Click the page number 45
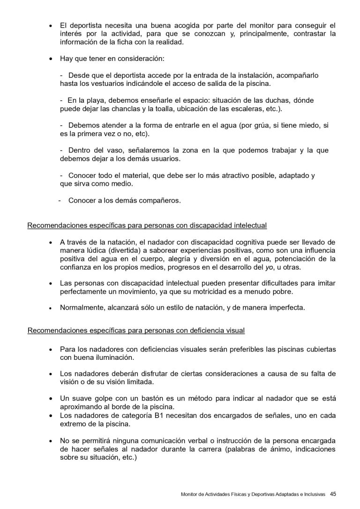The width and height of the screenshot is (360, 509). coord(333,494)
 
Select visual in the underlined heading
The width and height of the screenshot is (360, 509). coord(234,330)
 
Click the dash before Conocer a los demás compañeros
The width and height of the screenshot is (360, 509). coord(60,201)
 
